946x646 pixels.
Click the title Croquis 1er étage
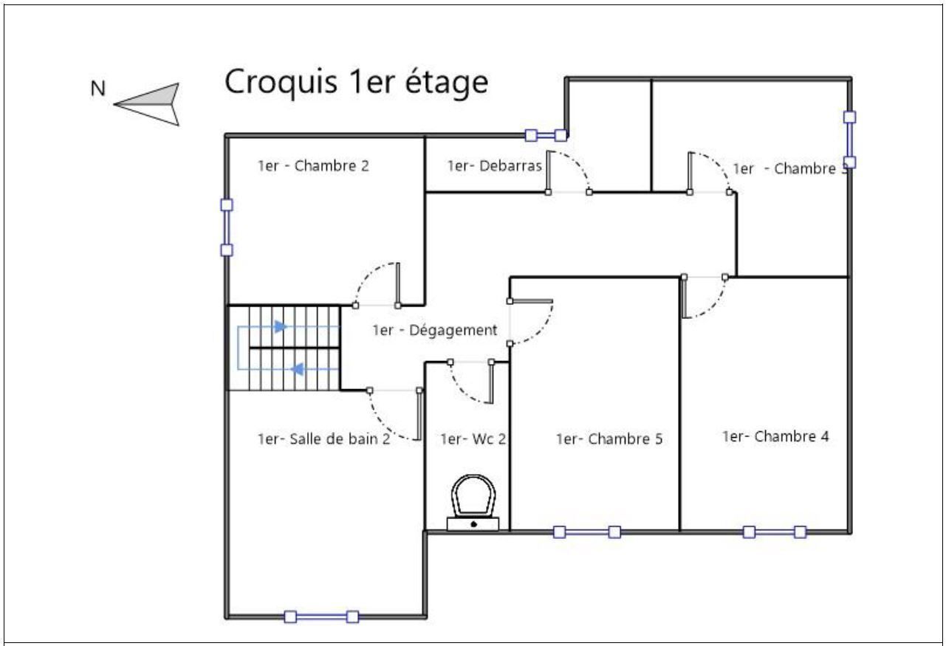click(x=357, y=83)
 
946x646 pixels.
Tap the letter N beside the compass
click(x=98, y=89)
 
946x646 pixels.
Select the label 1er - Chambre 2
click(x=313, y=166)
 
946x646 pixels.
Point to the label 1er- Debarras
click(x=495, y=166)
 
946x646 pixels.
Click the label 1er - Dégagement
click(x=434, y=330)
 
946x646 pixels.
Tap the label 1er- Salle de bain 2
click(x=324, y=439)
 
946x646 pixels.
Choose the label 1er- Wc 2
click(x=473, y=439)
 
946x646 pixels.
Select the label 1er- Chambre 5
click(x=609, y=439)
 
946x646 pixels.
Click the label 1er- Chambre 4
click(x=775, y=436)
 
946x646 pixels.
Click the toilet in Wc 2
click(x=473, y=503)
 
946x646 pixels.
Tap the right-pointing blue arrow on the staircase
click(x=281, y=326)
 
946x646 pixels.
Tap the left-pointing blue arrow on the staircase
click(x=298, y=369)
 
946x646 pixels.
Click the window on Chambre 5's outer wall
click(x=587, y=532)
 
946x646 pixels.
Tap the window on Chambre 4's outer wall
click(x=775, y=532)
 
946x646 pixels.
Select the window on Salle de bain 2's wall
click(x=321, y=617)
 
